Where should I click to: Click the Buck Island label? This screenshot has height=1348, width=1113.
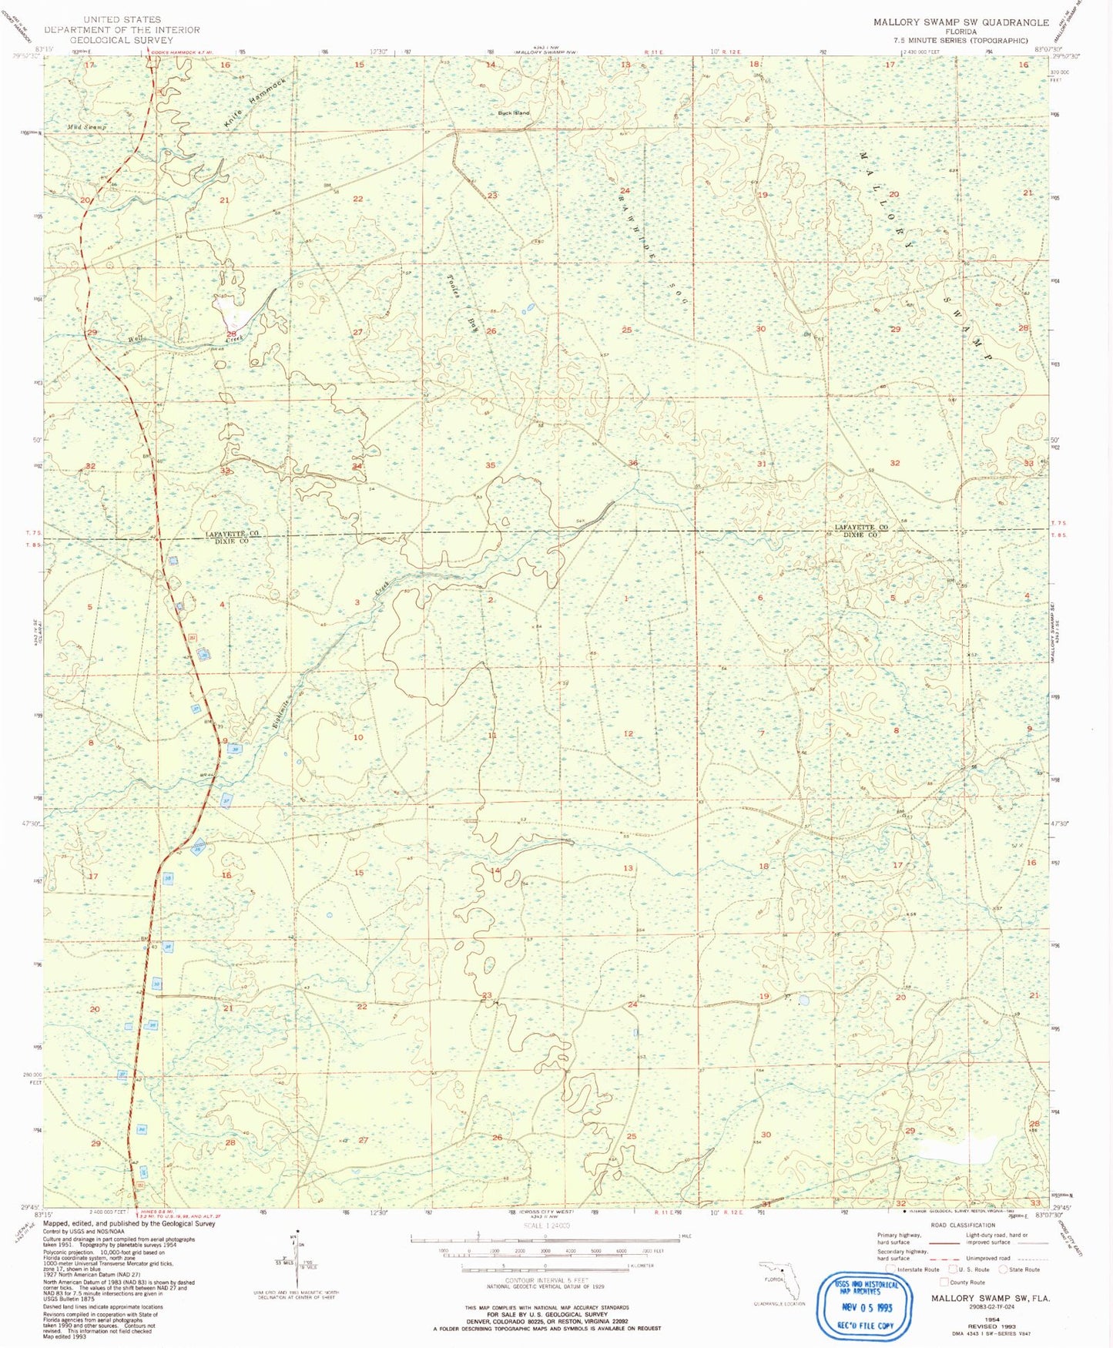pos(514,113)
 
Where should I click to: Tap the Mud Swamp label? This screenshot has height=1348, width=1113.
pos(86,126)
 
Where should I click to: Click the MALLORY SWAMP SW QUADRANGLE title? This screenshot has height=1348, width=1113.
pos(960,22)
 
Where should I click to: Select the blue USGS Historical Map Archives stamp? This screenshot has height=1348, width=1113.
pos(867,1304)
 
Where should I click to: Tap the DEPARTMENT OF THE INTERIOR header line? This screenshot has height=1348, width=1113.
pos(122,30)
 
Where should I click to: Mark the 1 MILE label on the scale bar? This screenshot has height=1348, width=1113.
pos(679,1236)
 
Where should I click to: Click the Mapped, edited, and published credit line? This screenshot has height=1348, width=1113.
pos(129,1223)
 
